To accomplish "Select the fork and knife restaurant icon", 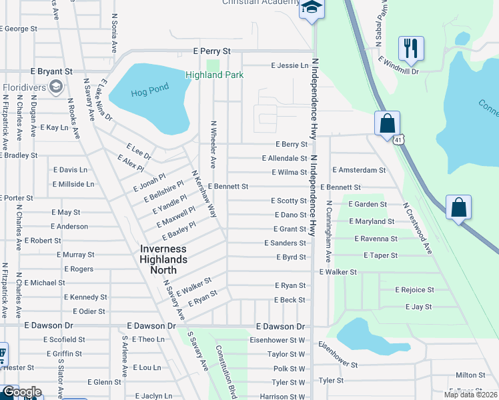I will [411, 48].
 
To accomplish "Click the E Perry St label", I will [211, 51].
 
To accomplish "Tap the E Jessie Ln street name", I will [290, 65].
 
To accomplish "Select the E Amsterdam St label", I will [359, 170].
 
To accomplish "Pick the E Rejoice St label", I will [414, 290].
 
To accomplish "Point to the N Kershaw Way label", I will [205, 194].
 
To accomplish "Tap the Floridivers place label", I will [23, 87].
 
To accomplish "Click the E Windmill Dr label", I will [398, 65].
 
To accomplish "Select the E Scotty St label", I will [288, 201].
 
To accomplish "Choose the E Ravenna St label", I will [376, 238].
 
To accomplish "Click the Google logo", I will [21, 392].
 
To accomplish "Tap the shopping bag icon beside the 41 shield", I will [387, 123].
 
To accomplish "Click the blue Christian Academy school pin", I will [311, 8].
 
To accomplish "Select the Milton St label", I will [470, 375].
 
